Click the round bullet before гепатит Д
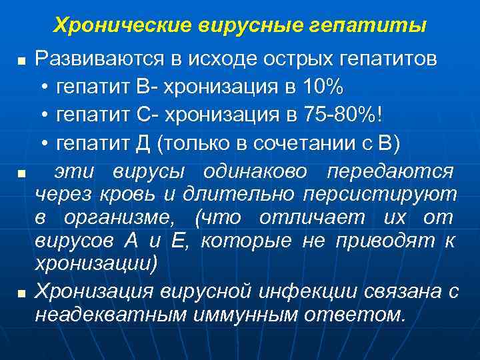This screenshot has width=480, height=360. tap(44, 144)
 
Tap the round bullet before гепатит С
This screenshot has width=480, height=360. tap(44, 115)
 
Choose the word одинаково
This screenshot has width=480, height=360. tap(270, 172)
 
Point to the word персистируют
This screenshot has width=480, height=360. tap(380, 195)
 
